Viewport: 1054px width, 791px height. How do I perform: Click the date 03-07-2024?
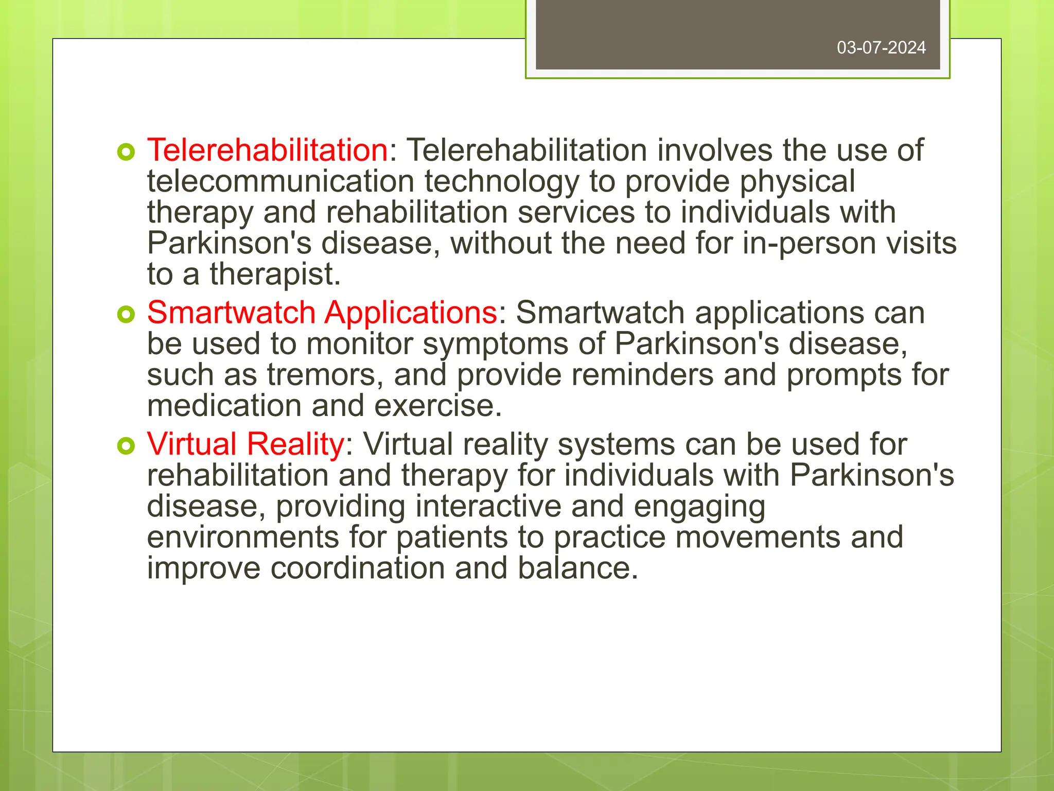(x=881, y=48)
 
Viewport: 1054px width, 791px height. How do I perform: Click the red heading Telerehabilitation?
(x=267, y=150)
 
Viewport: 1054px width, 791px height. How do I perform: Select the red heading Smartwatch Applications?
(x=322, y=313)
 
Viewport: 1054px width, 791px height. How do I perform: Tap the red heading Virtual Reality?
(x=245, y=444)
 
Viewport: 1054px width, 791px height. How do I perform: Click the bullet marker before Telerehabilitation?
(x=126, y=152)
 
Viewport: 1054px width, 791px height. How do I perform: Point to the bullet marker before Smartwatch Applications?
(x=126, y=314)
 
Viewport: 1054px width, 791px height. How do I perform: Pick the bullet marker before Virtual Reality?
(x=126, y=445)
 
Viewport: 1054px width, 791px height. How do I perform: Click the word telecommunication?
(x=280, y=182)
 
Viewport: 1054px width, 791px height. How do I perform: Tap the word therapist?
(x=275, y=274)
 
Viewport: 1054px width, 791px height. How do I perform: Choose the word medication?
(x=224, y=406)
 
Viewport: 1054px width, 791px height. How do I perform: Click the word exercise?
(x=437, y=406)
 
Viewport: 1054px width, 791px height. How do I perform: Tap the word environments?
(x=243, y=538)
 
